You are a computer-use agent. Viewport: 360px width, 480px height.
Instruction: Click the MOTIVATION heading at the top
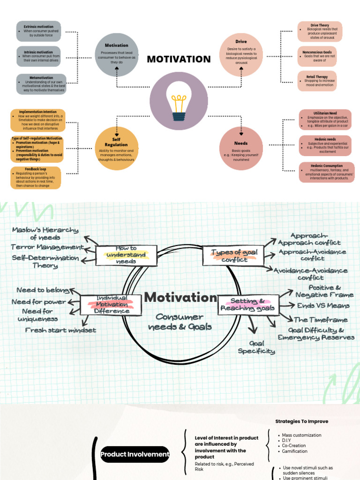tap(179, 59)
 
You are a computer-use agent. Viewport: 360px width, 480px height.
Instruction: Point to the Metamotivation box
tap(41, 83)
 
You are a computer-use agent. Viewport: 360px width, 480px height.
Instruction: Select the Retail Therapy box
tap(320, 81)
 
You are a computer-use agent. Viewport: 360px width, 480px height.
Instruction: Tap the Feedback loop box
tap(36, 178)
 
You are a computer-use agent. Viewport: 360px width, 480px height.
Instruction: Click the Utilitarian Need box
tap(326, 120)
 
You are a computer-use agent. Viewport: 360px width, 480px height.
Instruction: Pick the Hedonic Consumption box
tap(326, 172)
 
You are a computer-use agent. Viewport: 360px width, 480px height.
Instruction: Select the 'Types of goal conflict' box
tap(233, 255)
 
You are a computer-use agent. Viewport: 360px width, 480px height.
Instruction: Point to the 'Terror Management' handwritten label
tap(47, 247)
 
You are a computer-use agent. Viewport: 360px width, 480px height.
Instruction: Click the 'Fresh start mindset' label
tap(60, 330)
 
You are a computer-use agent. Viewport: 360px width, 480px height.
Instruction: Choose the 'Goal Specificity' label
tap(256, 347)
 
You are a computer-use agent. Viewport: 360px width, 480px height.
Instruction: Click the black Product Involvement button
tap(135, 454)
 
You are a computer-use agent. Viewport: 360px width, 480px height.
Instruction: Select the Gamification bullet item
tap(294, 451)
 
